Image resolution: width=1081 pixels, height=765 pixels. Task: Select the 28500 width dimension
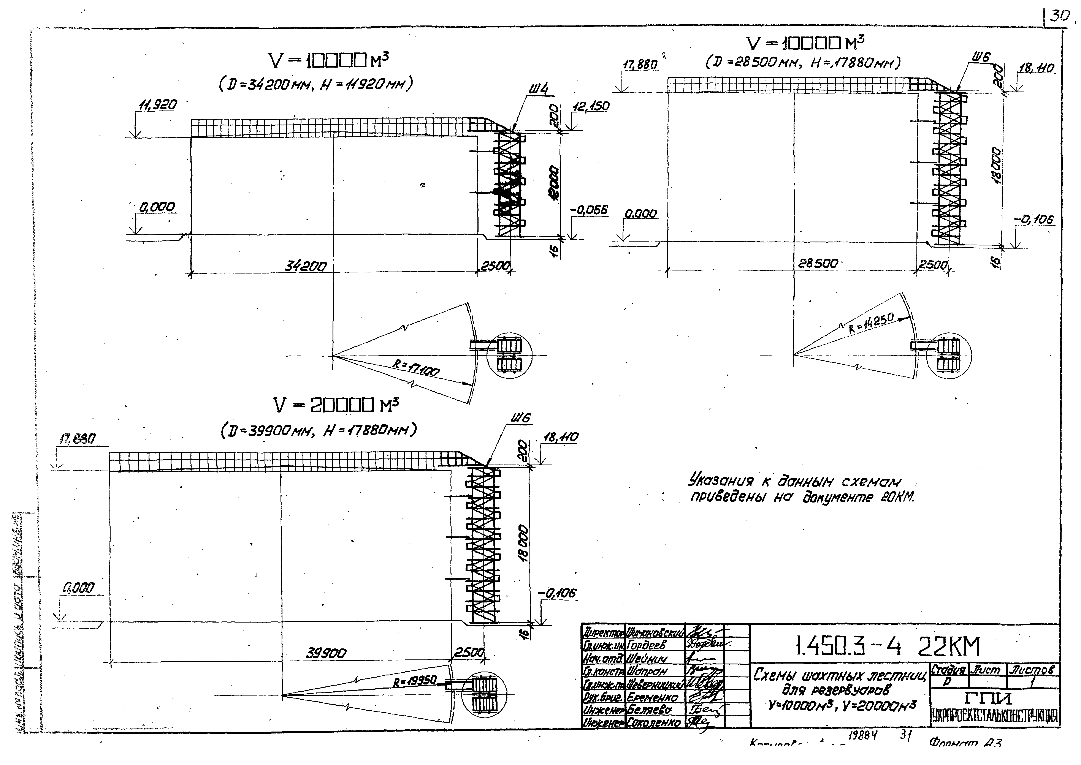818,264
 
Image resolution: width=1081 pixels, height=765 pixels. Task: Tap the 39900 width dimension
326,653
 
